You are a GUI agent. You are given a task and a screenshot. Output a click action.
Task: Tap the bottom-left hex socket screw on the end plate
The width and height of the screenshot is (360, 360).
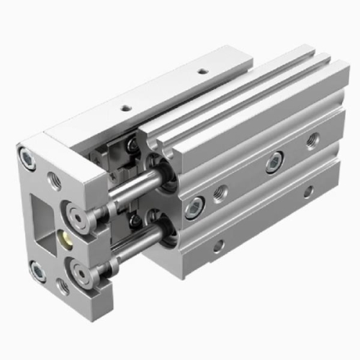pyautogui.click(x=37, y=271)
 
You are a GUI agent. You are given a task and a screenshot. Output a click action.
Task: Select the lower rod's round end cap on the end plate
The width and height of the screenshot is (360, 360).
pyautogui.click(x=85, y=275)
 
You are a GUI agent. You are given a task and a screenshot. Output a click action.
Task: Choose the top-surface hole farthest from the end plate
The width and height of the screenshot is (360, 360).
pyautogui.click(x=202, y=72)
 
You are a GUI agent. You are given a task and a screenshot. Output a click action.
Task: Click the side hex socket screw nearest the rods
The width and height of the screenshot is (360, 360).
pyautogui.click(x=192, y=210)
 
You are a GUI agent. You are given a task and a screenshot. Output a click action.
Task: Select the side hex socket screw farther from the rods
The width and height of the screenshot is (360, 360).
pyautogui.click(x=274, y=163)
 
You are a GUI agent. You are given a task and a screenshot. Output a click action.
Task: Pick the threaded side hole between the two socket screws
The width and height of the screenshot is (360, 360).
pyautogui.click(x=220, y=192)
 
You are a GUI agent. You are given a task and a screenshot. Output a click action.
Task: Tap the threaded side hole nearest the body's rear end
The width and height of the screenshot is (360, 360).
pyautogui.click(x=312, y=140)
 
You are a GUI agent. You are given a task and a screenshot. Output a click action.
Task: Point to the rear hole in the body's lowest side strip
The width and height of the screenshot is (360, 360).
pyautogui.click(x=308, y=192)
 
